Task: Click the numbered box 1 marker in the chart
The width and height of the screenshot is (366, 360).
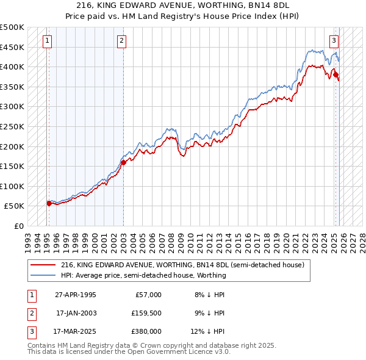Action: click(x=48, y=41)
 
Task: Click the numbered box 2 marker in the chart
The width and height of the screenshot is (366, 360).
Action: click(x=122, y=41)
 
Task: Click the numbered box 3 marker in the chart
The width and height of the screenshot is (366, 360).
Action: click(x=334, y=41)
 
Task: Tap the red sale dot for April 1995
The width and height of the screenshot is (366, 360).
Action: click(x=49, y=203)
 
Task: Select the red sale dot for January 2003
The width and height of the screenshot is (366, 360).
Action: click(x=123, y=162)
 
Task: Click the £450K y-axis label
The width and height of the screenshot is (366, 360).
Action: click(x=12, y=47)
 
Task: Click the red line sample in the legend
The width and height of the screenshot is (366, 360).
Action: click(x=43, y=265)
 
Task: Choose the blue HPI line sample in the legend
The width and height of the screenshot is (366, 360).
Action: click(x=43, y=275)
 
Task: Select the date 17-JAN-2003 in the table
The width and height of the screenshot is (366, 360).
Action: click(x=76, y=313)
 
